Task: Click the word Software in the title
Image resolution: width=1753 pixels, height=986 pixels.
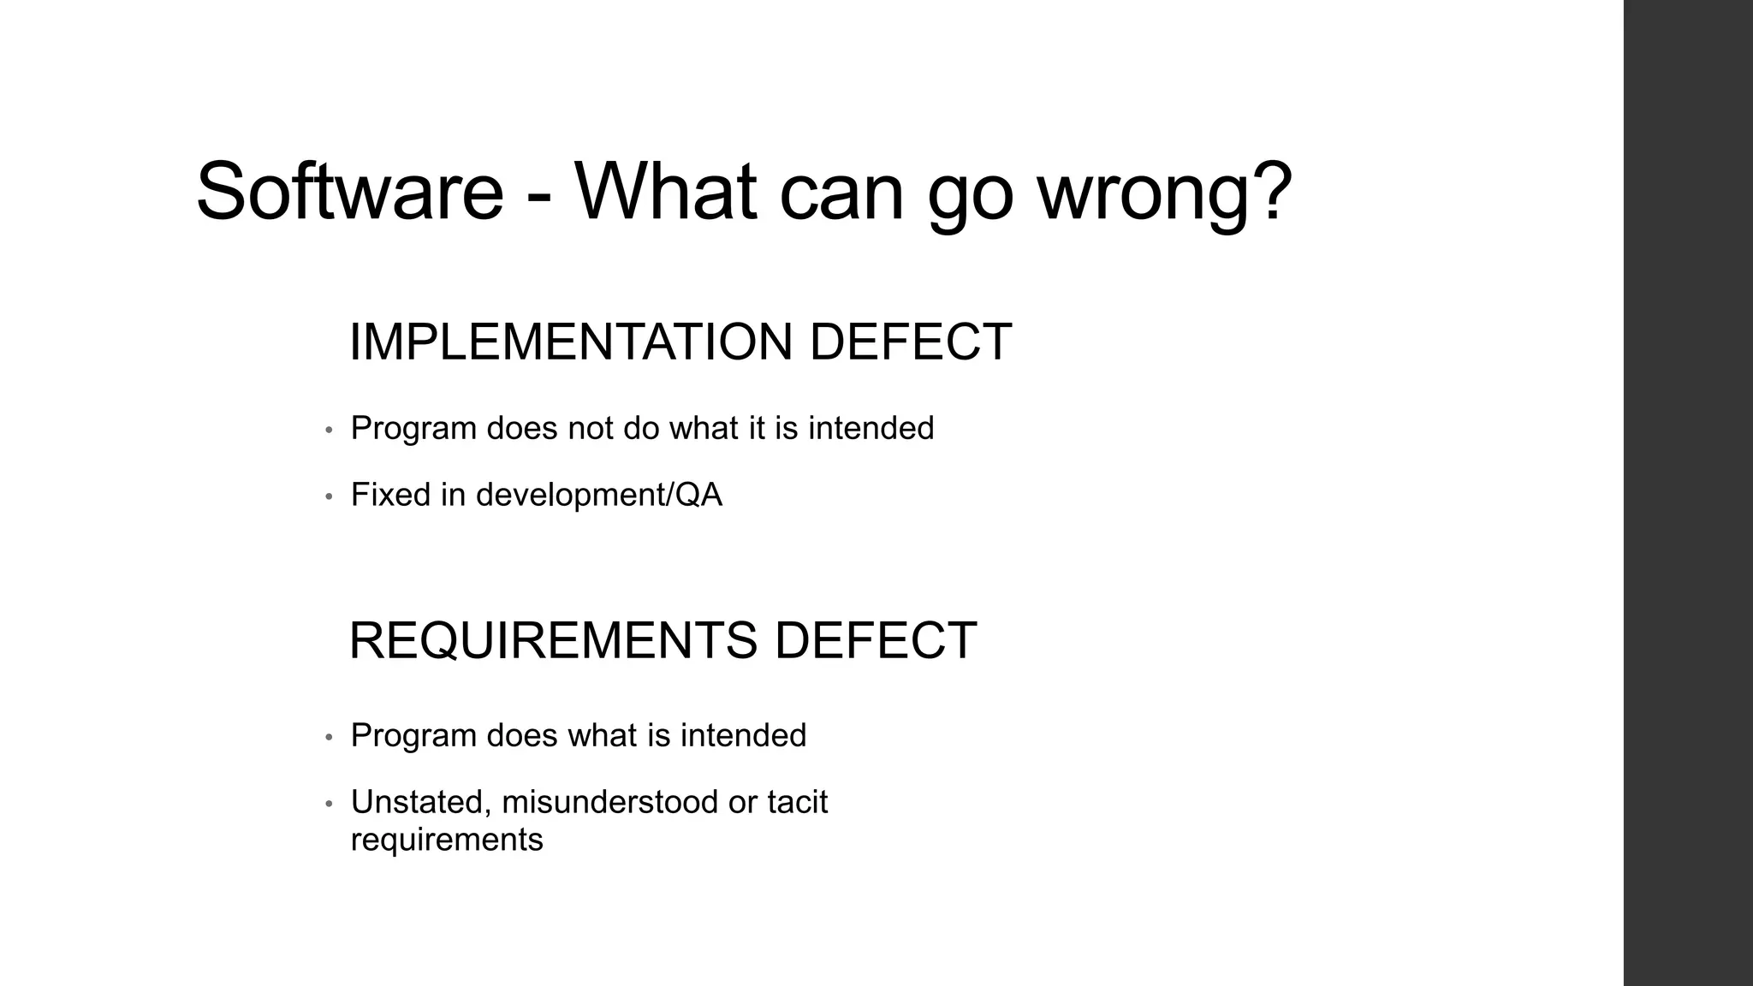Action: click(349, 191)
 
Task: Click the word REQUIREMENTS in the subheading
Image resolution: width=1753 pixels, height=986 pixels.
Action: click(553, 640)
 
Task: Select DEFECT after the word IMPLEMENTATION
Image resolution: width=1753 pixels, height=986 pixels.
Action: click(910, 342)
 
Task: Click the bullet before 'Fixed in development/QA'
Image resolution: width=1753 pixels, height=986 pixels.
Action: click(329, 496)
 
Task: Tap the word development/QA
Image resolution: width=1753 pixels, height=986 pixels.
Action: click(598, 496)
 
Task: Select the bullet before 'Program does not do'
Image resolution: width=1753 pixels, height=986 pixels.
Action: click(329, 430)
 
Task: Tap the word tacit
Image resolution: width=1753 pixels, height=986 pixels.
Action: click(797, 802)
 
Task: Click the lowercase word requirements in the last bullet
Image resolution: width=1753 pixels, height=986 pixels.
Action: click(447, 840)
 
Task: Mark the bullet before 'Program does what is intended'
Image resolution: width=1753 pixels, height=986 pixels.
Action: click(329, 737)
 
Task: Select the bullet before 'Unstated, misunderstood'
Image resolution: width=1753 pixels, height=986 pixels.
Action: click(329, 804)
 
